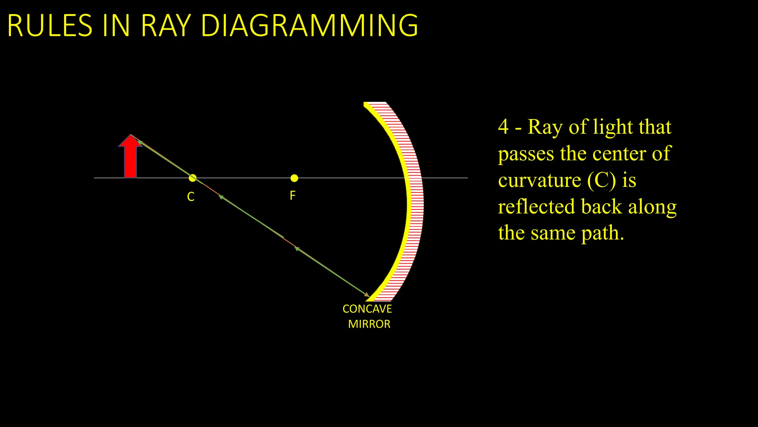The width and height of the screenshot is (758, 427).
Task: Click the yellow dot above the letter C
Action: (192, 178)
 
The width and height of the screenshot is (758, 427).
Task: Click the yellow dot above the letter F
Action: (294, 178)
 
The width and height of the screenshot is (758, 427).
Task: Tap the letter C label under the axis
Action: (191, 196)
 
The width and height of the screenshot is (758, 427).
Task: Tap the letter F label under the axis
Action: (292, 196)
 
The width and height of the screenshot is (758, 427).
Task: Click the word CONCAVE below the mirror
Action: (367, 309)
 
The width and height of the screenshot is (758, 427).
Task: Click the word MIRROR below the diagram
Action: (369, 324)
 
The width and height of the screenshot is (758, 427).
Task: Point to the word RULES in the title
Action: (50, 26)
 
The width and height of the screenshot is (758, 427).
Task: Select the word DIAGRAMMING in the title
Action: (309, 26)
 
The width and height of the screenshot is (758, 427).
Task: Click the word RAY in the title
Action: (165, 26)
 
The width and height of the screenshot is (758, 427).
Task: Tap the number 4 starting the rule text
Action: (503, 127)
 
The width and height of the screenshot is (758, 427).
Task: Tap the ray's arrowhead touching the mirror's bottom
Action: (367, 295)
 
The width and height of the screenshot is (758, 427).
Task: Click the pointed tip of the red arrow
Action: (130, 135)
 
